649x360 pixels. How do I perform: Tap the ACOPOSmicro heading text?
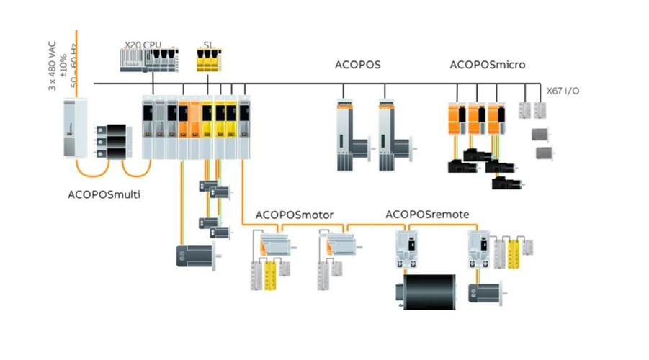click(487, 65)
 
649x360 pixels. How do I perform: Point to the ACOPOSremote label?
click(427, 214)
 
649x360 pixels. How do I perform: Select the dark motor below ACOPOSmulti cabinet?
click(194, 256)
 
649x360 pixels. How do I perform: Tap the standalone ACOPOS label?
click(358, 65)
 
